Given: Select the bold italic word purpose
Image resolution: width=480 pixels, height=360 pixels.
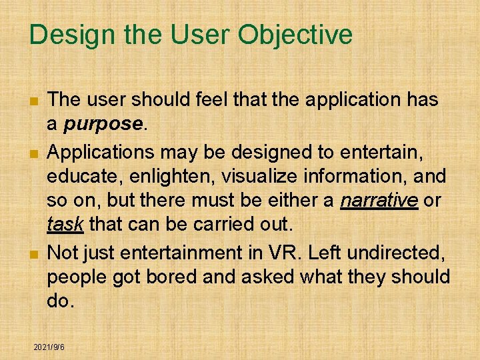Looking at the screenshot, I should point(104,124).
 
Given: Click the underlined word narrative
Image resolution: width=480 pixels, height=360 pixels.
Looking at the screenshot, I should point(379,201).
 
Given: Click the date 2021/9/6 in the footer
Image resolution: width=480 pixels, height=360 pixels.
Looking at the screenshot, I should point(49,347).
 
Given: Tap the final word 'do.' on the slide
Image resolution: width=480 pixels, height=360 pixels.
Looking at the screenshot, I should point(59,301).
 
